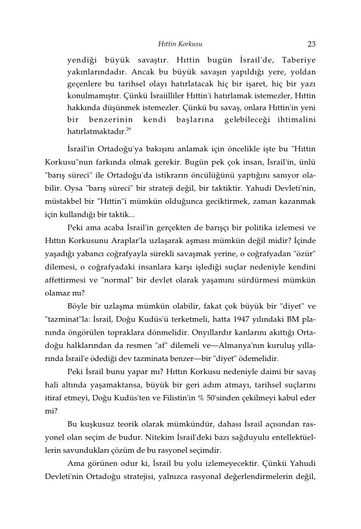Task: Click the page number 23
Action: pyautogui.click(x=311, y=43)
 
